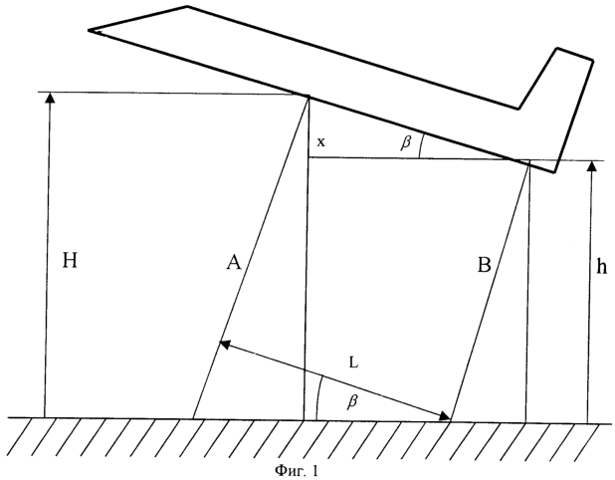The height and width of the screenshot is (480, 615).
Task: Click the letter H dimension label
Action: coord(70,260)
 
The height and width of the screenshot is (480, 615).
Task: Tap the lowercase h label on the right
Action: coord(602,266)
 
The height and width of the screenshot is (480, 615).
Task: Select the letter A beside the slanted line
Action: coord(234,262)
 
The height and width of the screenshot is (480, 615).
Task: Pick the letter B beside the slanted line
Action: coord(484,265)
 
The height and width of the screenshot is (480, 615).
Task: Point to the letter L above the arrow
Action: coord(353,363)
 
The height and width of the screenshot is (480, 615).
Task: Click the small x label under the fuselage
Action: coord(320,142)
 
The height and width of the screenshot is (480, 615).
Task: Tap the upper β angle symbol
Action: coord(406,142)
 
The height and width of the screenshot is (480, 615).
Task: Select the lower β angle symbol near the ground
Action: coord(352,401)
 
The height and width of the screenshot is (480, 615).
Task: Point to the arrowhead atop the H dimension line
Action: coord(50,98)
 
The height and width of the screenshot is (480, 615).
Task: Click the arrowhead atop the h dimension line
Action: coord(593,165)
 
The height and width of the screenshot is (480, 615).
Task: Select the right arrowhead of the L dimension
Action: coord(446,416)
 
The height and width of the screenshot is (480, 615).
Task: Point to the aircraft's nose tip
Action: coord(89,30)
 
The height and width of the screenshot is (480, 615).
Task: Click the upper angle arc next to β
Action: coord(421,145)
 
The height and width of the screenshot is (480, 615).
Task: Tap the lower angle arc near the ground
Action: coord(318,397)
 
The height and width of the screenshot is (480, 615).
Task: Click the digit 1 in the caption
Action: coord(314,470)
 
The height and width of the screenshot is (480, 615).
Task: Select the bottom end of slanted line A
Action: coord(193,418)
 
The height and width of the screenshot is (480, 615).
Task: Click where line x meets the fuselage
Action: coord(309,97)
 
